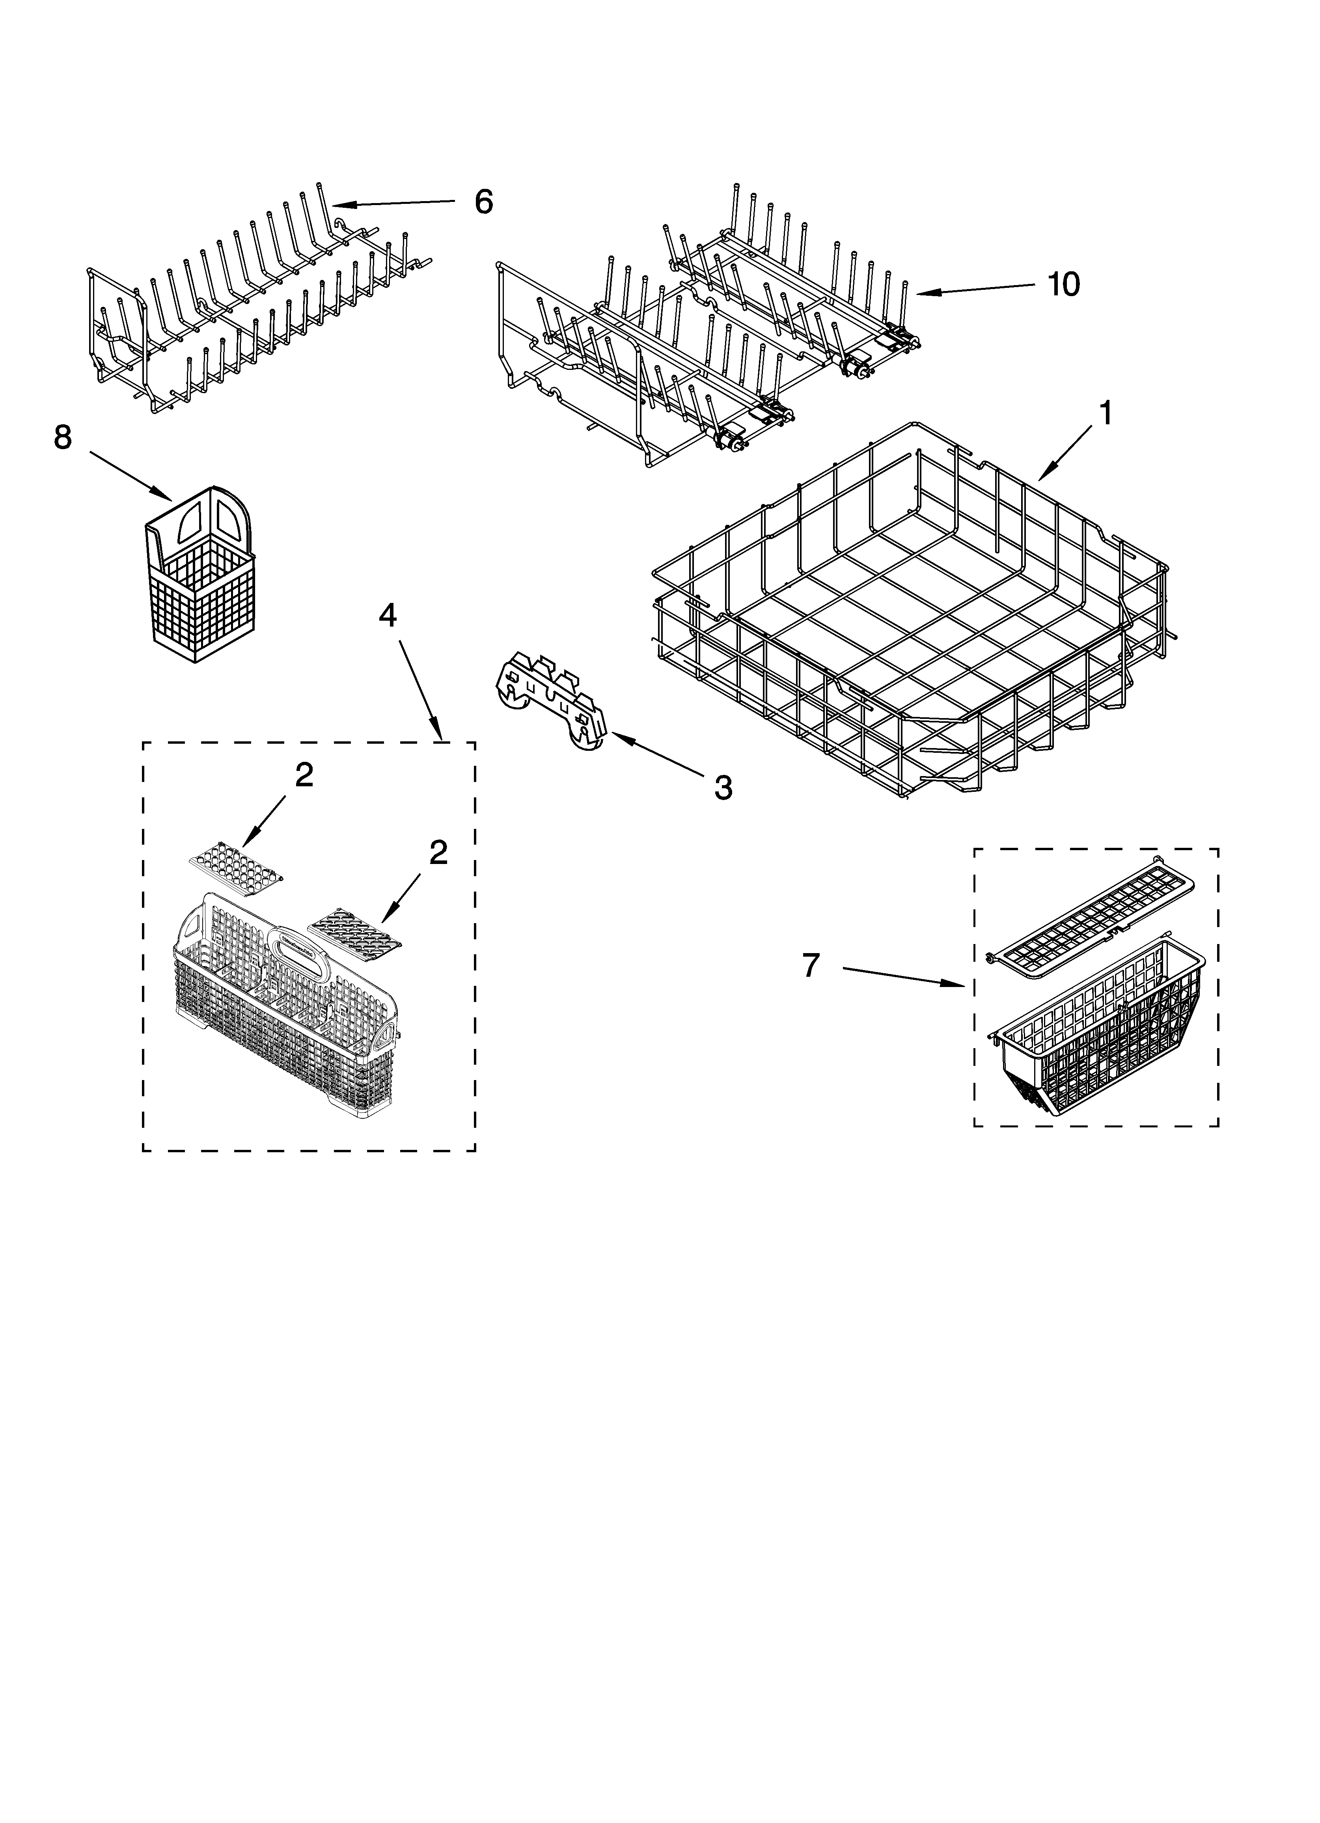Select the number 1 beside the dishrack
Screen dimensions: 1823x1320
pyautogui.click(x=1106, y=414)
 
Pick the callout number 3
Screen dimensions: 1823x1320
pyautogui.click(x=723, y=788)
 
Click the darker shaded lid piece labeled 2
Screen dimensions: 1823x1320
pyautogui.click(x=354, y=930)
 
